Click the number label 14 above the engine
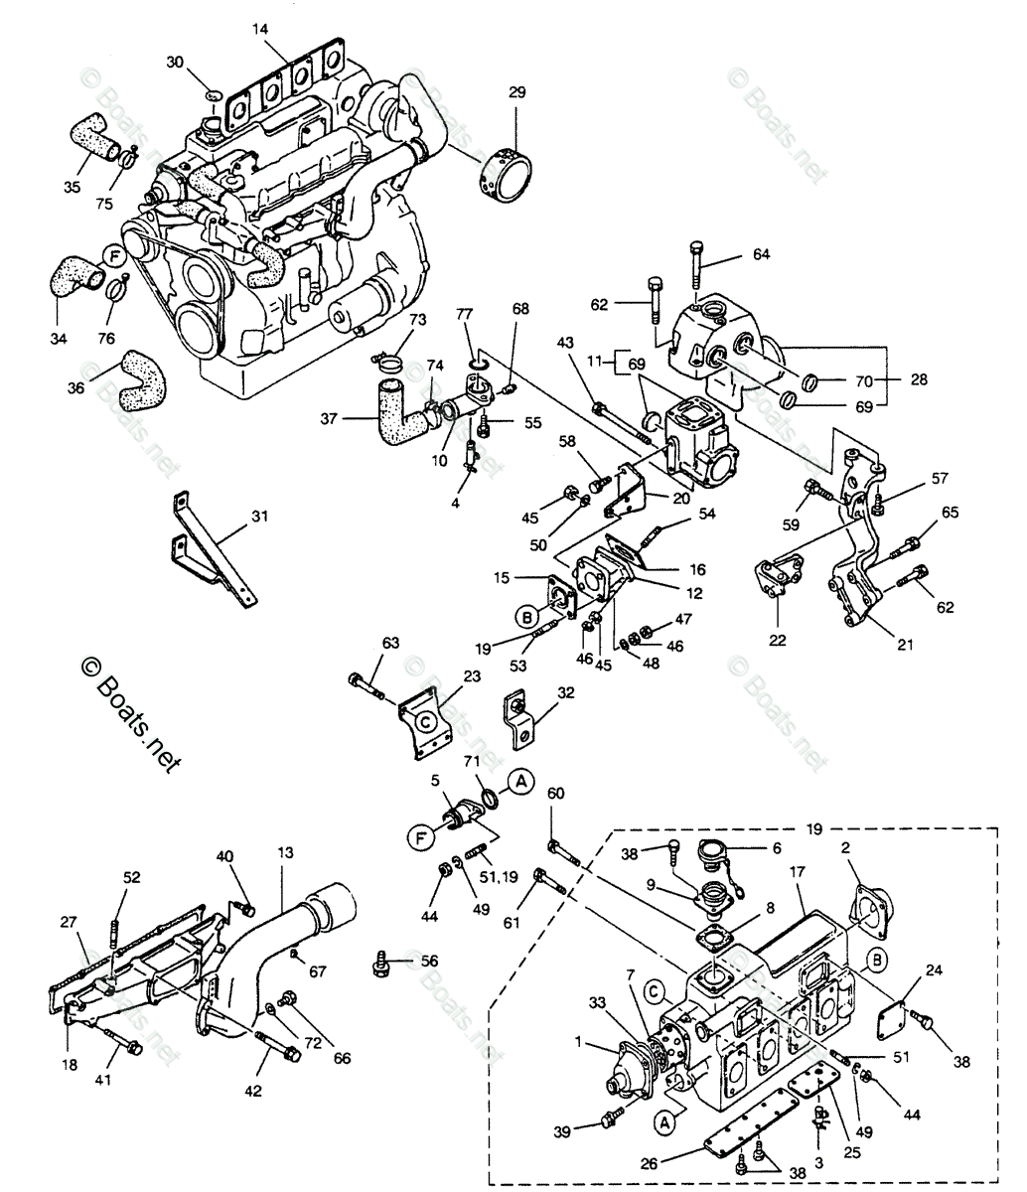pos(260,30)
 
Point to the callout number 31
pos(259,517)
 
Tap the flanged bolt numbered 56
pos(382,962)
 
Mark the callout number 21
pos(905,645)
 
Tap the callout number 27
pos(67,922)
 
